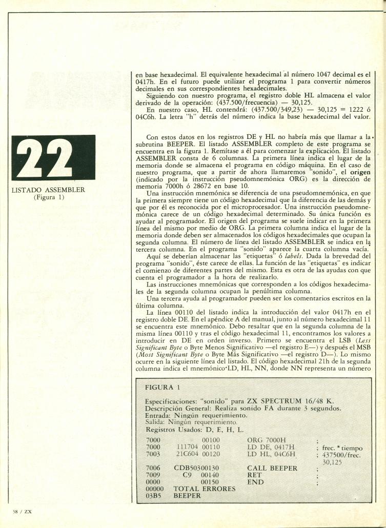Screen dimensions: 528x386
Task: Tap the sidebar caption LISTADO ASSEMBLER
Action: pyautogui.click(x=48, y=190)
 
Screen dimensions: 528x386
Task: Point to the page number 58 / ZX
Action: pyautogui.click(x=23, y=511)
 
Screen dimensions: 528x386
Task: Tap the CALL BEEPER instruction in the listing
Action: pyautogui.click(x=272, y=468)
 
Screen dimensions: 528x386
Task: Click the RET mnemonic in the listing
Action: pyautogui.click(x=256, y=475)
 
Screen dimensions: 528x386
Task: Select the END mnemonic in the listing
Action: pyautogui.click(x=256, y=482)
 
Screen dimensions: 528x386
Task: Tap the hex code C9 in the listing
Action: pyautogui.click(x=189, y=475)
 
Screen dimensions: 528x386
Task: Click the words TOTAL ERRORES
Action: pyautogui.click(x=205, y=489)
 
